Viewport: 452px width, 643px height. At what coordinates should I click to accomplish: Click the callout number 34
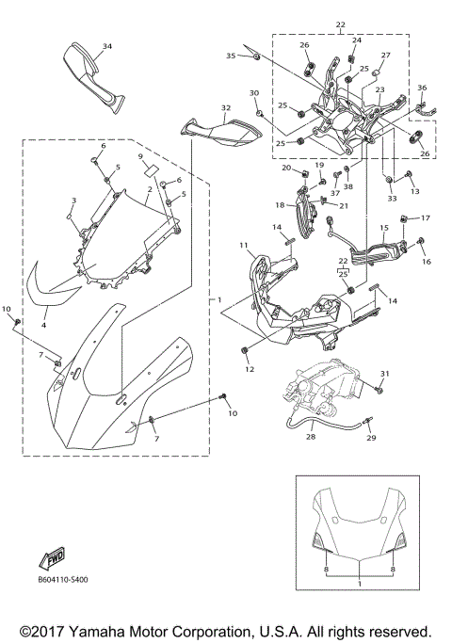[x=106, y=46]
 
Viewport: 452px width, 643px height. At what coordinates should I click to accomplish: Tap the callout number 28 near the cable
[x=310, y=437]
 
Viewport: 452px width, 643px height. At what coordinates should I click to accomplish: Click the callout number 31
[x=383, y=374]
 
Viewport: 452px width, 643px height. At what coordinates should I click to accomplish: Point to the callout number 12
[x=249, y=369]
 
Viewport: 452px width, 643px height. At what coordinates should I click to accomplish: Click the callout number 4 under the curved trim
[x=42, y=324]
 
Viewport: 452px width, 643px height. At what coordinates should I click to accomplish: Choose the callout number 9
[x=140, y=156]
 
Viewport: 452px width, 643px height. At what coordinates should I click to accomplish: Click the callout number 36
[x=421, y=88]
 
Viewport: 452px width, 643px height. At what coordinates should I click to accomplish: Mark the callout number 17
[x=425, y=217]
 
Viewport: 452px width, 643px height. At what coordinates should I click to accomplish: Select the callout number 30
[x=253, y=92]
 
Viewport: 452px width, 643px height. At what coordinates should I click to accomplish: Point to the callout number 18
[x=278, y=204]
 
